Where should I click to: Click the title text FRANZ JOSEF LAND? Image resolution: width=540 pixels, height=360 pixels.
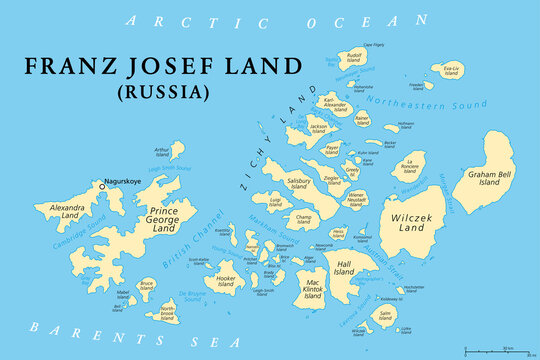tap(163, 66)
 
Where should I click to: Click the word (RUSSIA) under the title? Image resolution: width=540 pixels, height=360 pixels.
tap(164, 91)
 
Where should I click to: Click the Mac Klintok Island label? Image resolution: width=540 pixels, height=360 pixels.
tap(313, 290)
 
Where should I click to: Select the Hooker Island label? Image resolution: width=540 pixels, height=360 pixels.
tap(226, 281)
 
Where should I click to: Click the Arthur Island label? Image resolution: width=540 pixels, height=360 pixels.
tap(163, 153)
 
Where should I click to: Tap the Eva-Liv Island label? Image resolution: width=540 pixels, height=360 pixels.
tap(452, 70)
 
